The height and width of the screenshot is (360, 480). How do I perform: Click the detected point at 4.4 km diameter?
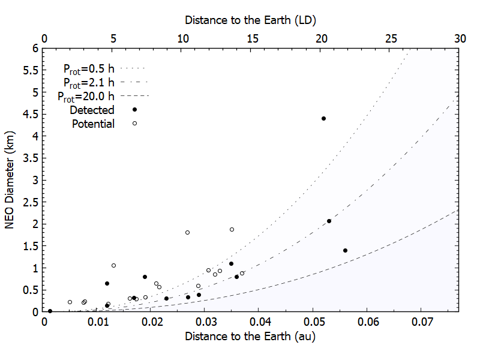323,118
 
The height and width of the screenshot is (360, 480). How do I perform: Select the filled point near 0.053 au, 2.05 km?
329,221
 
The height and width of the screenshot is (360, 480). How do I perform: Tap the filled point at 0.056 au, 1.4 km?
345,250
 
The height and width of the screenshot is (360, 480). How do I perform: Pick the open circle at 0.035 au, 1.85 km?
232,229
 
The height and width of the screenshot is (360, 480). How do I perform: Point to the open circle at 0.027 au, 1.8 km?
187,232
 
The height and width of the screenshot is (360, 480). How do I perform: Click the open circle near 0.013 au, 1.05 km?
113,265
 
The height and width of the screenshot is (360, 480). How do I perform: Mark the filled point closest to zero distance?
50,311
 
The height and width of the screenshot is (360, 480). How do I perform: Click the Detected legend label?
92,110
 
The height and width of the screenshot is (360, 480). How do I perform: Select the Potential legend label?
93,124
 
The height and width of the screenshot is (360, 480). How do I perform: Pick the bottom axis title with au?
250,337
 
